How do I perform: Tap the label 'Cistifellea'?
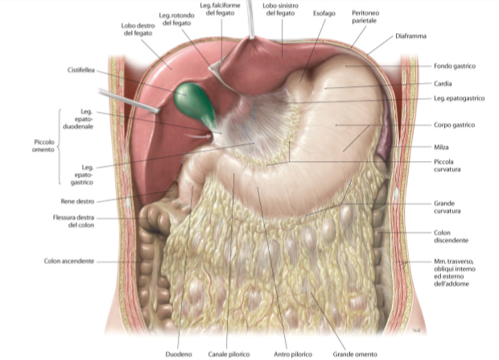81,70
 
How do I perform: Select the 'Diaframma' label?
410,36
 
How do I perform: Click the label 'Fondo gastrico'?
455,66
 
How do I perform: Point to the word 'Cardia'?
443,84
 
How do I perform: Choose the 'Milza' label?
441,147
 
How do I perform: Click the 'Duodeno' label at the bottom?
179,354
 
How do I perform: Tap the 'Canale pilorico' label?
229,354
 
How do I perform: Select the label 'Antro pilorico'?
293,354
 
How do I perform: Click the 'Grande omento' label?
355,354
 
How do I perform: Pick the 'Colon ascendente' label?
69,261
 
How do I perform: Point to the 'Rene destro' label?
77,201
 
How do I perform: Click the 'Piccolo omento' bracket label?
43,146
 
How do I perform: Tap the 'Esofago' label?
324,14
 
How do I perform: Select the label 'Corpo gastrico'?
454,125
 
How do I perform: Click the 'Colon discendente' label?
451,237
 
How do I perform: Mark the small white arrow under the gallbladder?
199,136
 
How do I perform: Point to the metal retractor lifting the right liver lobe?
129,101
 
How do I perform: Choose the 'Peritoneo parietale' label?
365,17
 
